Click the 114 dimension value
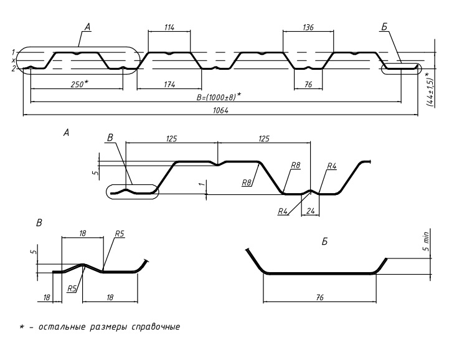pyautogui.click(x=169, y=27)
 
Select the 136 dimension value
pyautogui.click(x=308, y=27)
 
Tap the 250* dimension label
pyautogui.click(x=80, y=84)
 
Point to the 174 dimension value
pyautogui.click(x=169, y=84)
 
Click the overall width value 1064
pyautogui.click(x=220, y=110)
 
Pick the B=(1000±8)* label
pyautogui.click(x=219, y=97)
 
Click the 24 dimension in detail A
pyautogui.click(x=310, y=211)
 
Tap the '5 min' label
pyautogui.click(x=427, y=241)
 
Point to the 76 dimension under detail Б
pyautogui.click(x=319, y=297)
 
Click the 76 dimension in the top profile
pyautogui.click(x=308, y=84)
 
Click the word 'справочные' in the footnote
pyautogui.click(x=156, y=326)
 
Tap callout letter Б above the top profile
pyautogui.click(x=384, y=27)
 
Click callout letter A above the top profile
pyautogui.click(x=87, y=27)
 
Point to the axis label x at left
pyautogui.click(x=13, y=60)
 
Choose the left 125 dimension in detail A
pyautogui.click(x=172, y=138)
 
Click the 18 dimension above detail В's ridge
pyautogui.click(x=82, y=233)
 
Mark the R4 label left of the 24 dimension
pyautogui.click(x=283, y=211)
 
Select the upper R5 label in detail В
pyautogui.click(x=119, y=234)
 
